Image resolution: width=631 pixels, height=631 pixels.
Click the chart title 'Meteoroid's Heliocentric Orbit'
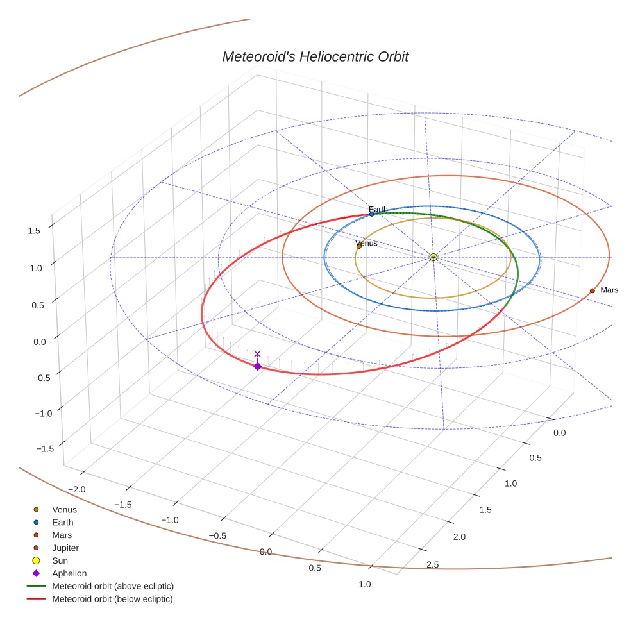pos(315,56)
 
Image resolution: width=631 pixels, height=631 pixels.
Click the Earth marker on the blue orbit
pos(371,214)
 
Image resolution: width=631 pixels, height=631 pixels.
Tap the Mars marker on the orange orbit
pos(592,290)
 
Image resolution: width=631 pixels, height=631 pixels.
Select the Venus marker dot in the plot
pos(358,246)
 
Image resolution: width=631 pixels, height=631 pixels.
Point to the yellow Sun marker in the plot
pos(433,257)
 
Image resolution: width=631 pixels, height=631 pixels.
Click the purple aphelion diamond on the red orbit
pos(257,366)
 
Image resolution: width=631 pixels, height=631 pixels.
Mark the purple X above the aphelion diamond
pos(257,353)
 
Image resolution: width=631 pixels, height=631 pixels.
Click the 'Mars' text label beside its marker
pos(609,290)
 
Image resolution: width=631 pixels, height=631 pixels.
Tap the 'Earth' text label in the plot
pos(378,209)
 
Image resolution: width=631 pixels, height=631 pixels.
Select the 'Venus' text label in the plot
pos(367,243)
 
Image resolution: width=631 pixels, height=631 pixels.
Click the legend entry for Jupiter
pos(65,548)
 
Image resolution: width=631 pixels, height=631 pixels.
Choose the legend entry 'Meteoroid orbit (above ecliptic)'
pos(113,586)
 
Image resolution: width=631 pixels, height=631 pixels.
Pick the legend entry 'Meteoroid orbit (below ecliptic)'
pos(112,599)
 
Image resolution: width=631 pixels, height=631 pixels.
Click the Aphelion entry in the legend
pos(69,573)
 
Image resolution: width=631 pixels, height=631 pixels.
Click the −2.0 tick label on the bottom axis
pos(76,489)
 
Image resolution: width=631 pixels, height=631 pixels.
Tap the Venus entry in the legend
pos(64,509)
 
